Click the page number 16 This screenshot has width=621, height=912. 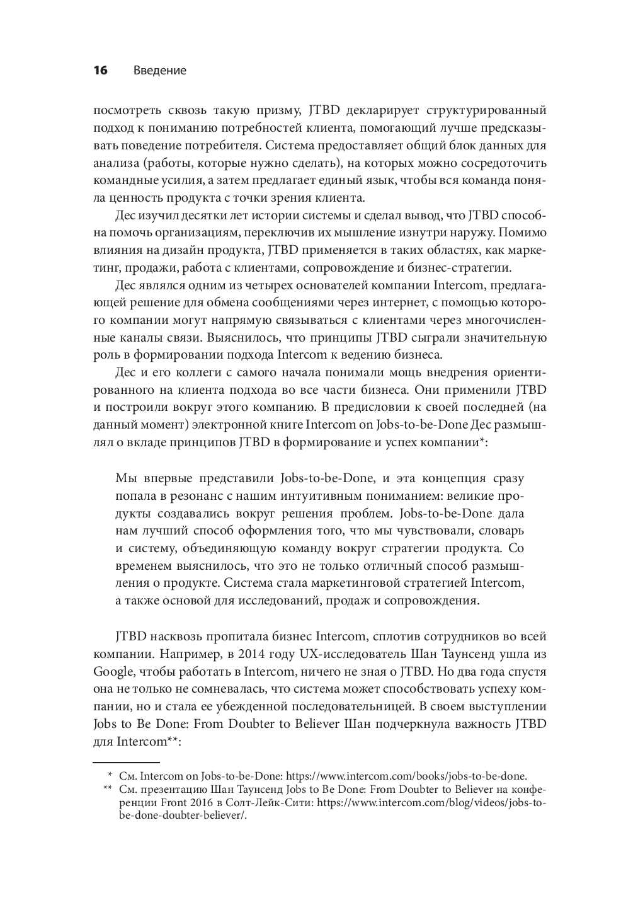coord(100,70)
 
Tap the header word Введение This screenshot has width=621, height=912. coord(160,70)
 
